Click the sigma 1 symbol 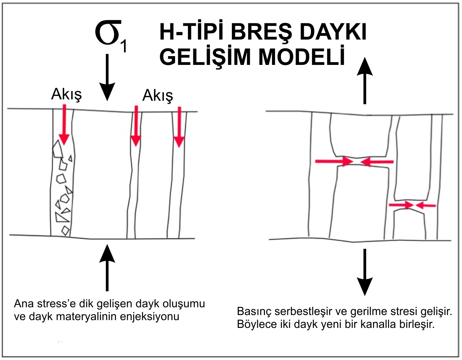[110, 35]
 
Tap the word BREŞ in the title [262, 33]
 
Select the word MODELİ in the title [301, 57]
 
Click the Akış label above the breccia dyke [66, 94]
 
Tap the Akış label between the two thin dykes [157, 95]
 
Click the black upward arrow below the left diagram [107, 267]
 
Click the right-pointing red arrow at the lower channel [401, 205]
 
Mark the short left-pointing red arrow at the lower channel [425, 205]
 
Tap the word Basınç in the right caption [254, 311]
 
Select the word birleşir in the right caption [418, 324]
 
